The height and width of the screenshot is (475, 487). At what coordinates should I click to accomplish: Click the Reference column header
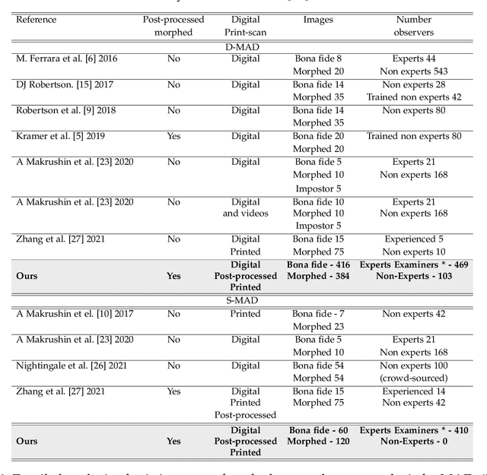(37, 19)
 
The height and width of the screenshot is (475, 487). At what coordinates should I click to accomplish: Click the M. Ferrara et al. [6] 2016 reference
(67, 58)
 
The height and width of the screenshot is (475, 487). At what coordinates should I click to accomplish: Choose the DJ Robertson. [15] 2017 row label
(63, 84)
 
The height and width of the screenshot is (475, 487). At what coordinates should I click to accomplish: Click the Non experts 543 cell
(414, 71)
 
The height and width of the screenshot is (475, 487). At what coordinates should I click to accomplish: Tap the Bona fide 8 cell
(318, 58)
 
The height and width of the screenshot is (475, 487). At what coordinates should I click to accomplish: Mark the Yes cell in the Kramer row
(173, 136)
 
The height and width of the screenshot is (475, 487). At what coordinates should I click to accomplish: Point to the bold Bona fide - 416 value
(318, 264)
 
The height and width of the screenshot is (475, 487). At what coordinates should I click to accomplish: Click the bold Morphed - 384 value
(318, 276)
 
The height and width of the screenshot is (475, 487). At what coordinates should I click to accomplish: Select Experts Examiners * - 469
(414, 264)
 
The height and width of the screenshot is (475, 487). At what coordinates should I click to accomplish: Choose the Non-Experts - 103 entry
(414, 276)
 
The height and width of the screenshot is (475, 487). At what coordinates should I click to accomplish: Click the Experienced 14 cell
(414, 391)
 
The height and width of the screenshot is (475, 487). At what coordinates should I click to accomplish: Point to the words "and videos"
(246, 214)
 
